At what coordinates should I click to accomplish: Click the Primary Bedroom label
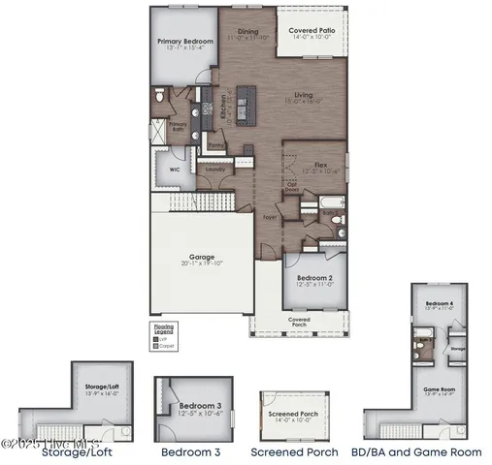pos(184,42)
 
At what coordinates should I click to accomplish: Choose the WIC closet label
pos(175,168)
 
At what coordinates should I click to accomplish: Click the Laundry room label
pos(215,170)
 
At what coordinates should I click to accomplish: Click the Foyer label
pos(269,217)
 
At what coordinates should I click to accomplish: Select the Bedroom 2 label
pos(314,277)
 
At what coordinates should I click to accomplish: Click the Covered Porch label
pos(299,321)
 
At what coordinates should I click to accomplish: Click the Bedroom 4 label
pos(439,303)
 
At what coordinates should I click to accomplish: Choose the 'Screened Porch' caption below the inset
pos(294,451)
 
